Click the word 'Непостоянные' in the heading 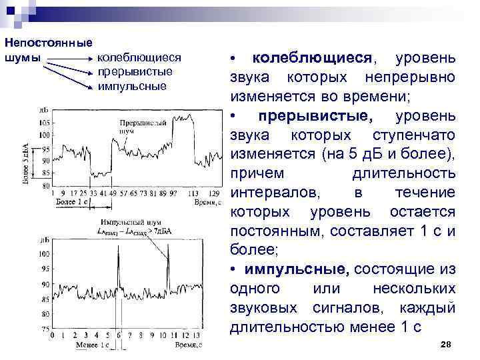[x=47, y=42]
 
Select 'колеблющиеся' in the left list [x=139, y=59]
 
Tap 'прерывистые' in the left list [x=135, y=72]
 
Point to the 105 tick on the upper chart [x=45, y=123]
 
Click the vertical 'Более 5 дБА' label [x=26, y=164]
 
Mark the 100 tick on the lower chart [x=45, y=254]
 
